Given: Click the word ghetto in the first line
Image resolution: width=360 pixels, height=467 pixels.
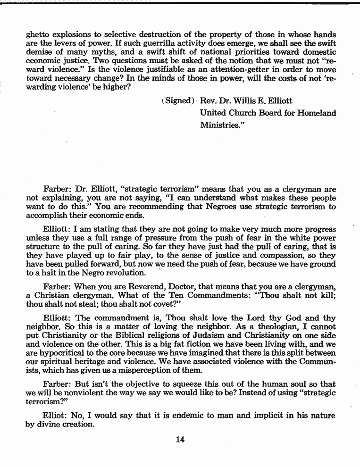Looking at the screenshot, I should (x=37, y=35).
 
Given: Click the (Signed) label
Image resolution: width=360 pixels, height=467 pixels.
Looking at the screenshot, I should (x=179, y=101).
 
